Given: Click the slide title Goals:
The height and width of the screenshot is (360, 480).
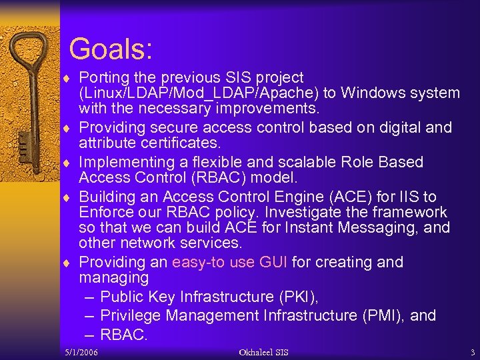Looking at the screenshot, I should (111, 49).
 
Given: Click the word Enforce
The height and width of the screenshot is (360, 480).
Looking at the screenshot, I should (108, 212).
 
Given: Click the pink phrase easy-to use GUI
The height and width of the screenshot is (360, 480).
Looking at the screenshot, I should (229, 262).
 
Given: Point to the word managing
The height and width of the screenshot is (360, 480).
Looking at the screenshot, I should (114, 277).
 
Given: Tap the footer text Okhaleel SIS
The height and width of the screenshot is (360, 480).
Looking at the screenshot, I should (263, 352).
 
